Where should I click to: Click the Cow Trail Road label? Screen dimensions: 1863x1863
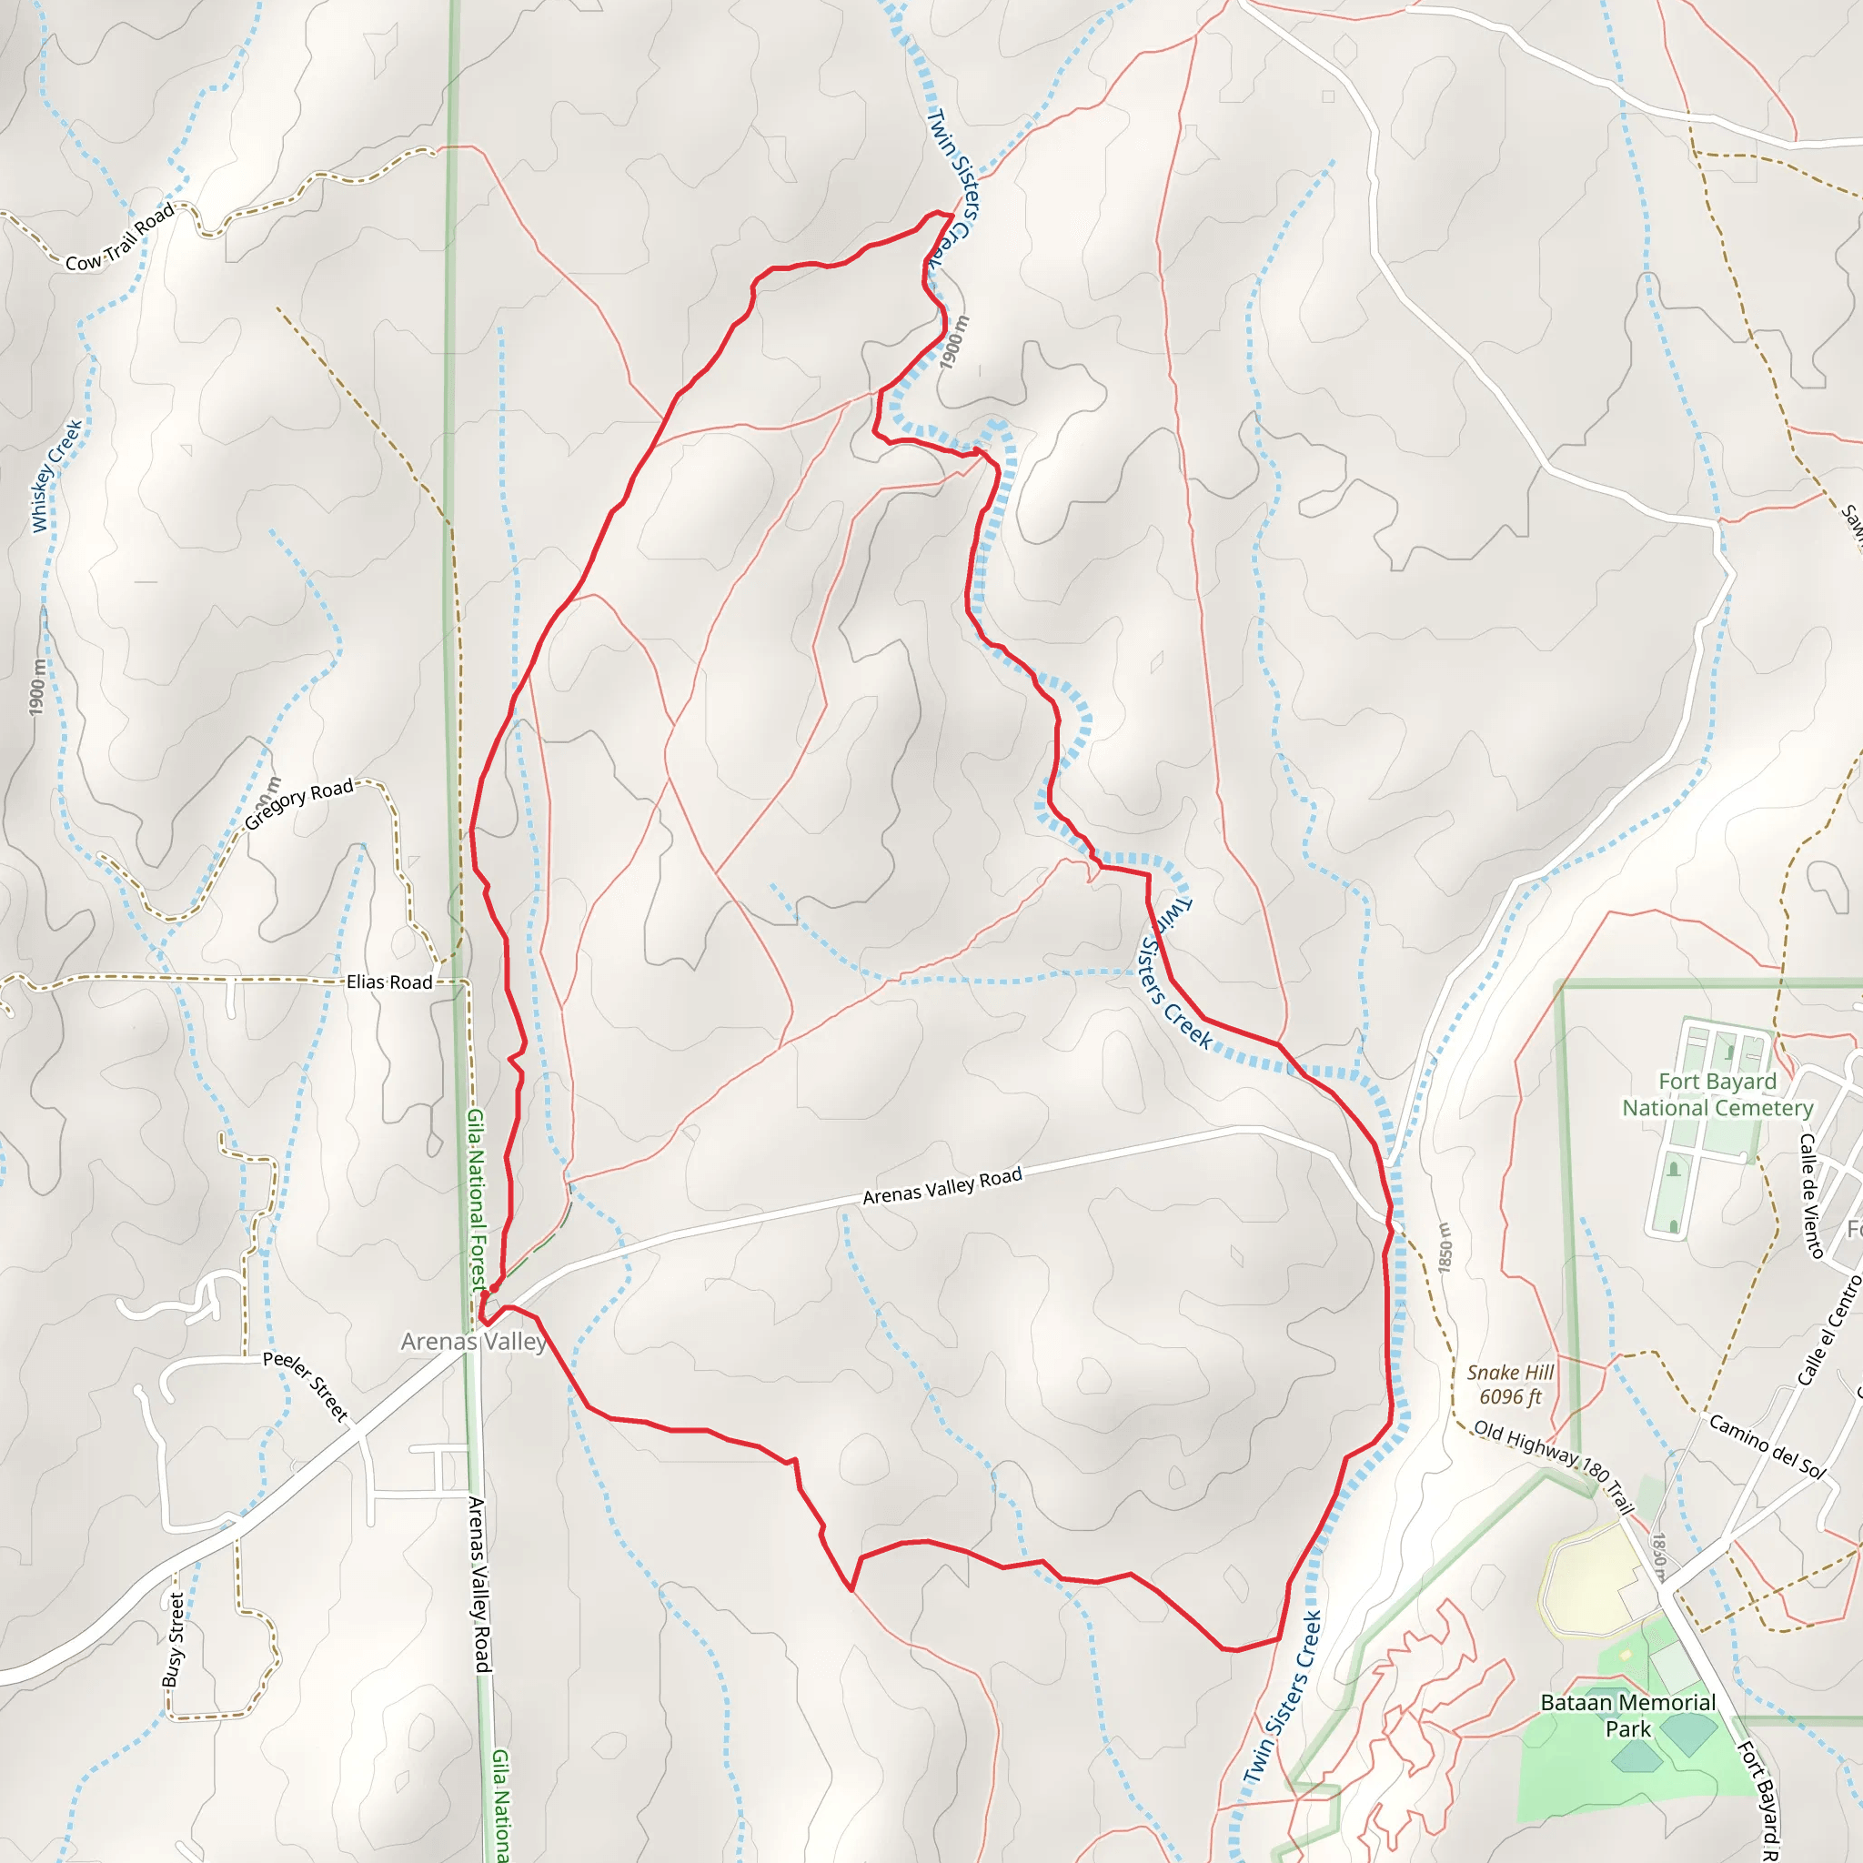click(119, 237)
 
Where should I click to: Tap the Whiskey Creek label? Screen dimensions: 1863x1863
click(57, 476)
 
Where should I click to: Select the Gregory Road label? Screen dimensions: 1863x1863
click(299, 803)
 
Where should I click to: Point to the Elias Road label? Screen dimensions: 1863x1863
click(388, 982)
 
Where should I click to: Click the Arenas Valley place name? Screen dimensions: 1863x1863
click(473, 1342)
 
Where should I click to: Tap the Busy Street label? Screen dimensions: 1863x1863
click(175, 1639)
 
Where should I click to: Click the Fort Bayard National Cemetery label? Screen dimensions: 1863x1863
click(1717, 1094)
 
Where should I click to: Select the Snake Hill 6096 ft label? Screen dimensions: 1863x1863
click(1510, 1384)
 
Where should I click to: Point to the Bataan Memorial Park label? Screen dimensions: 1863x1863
click(1627, 1716)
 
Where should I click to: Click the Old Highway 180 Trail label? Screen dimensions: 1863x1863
click(1553, 1465)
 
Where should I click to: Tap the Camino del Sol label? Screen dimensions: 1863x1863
click(1767, 1445)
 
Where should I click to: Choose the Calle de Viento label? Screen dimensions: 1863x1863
click(1811, 1194)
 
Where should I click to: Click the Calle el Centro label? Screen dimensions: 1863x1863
click(1829, 1330)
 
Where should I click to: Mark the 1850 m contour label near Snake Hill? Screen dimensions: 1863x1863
click(1444, 1248)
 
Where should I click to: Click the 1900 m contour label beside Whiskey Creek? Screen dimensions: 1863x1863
click(36, 688)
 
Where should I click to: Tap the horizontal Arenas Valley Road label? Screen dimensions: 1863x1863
click(942, 1186)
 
